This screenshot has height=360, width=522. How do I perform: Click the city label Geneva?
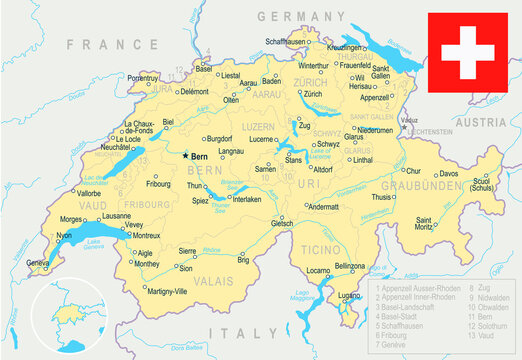[x=38, y=263]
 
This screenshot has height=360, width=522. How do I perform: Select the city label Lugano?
[x=349, y=297]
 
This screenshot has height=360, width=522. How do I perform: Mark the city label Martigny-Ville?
[x=166, y=292]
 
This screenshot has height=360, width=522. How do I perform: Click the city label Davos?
[x=449, y=174]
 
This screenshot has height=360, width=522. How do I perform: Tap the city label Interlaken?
[x=246, y=199]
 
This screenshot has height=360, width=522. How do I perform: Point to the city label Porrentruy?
[x=137, y=77]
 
